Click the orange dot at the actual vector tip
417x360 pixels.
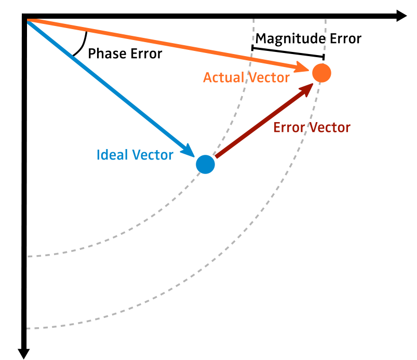tap(321, 73)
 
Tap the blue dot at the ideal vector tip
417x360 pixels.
tap(205, 164)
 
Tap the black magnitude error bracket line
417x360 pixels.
tap(288, 52)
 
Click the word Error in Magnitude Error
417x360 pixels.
tap(347, 38)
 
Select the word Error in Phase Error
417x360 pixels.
tap(146, 54)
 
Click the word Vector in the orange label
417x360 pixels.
tap(268, 77)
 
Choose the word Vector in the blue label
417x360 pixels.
tap(152, 155)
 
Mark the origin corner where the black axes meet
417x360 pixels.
tap(25, 18)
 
